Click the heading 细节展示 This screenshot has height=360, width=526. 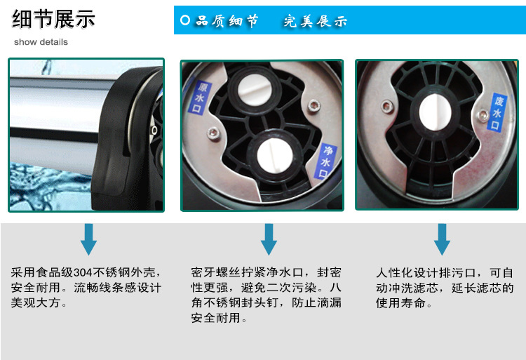[x=53, y=19]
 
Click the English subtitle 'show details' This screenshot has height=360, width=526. [x=41, y=42]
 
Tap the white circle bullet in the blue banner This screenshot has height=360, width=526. [x=185, y=20]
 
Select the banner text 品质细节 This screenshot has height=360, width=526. [x=227, y=21]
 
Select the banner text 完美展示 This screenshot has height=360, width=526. [x=315, y=21]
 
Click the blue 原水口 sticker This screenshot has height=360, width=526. [x=200, y=98]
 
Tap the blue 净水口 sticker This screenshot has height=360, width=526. [x=325, y=161]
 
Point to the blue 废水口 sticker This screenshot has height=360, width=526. [x=497, y=112]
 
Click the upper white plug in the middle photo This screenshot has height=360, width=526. [x=255, y=89]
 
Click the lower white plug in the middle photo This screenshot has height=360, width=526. [x=275, y=156]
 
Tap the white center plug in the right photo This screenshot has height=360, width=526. [x=435, y=112]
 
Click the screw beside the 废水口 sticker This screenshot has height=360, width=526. [x=483, y=115]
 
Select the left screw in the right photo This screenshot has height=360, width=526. [x=387, y=107]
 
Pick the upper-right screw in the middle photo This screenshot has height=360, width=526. [x=314, y=106]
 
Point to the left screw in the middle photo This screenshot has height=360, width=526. [x=214, y=133]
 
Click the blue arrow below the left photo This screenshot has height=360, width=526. [x=88, y=239]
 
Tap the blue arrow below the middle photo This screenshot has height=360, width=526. [x=269, y=239]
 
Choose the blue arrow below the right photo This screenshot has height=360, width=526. [x=442, y=239]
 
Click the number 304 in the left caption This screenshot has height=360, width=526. [x=83, y=272]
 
